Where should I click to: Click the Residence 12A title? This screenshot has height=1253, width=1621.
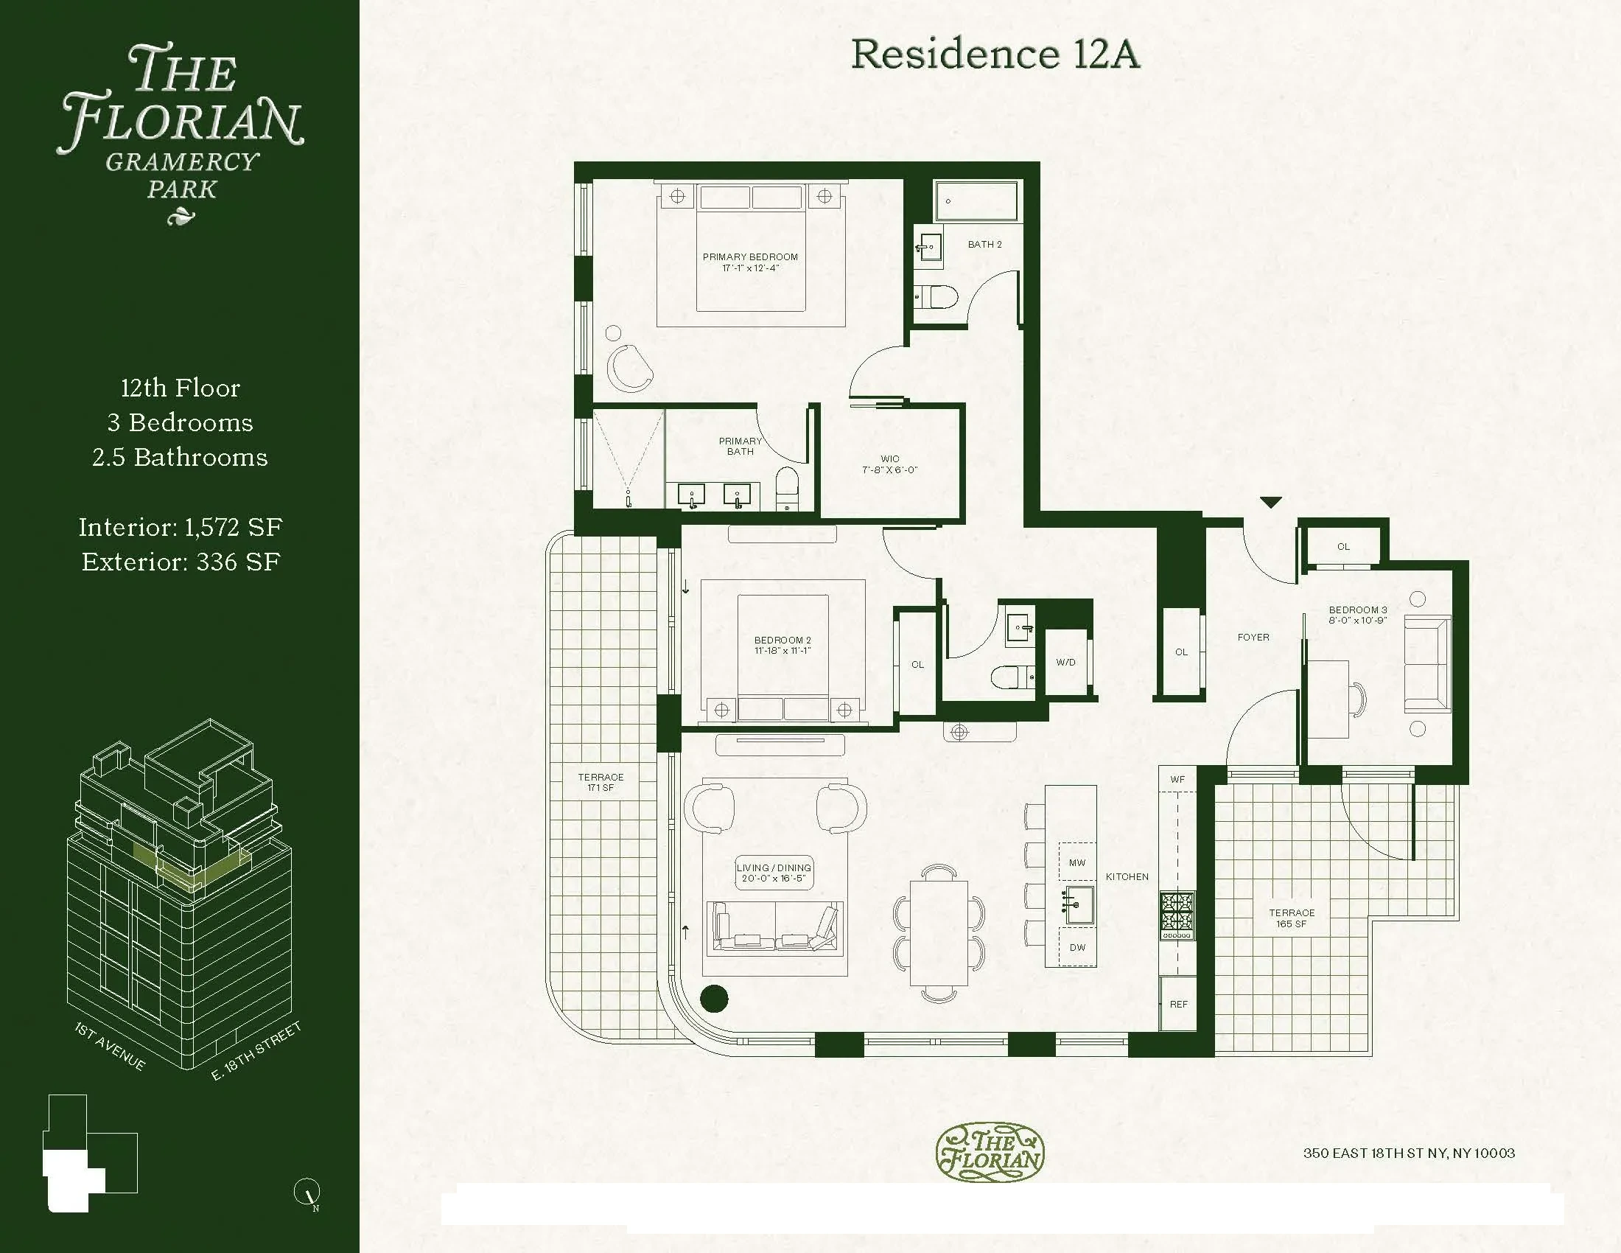(995, 55)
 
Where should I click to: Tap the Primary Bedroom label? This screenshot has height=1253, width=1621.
(750, 262)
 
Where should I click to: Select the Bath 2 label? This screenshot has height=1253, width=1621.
(984, 244)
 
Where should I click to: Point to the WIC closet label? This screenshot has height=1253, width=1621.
(890, 464)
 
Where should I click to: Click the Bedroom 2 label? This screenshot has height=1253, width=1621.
(783, 645)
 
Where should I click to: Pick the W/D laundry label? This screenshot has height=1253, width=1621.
(1065, 662)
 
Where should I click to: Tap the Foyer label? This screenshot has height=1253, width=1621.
(1253, 637)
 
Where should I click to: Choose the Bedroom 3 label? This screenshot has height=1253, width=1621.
(1357, 615)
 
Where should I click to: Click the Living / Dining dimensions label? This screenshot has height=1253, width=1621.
(774, 873)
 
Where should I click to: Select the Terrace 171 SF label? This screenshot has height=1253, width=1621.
(601, 782)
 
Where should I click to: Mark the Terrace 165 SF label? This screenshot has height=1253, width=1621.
(1292, 918)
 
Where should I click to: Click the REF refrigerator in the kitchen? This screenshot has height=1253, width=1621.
(1178, 1004)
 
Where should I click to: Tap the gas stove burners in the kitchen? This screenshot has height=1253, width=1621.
(1177, 912)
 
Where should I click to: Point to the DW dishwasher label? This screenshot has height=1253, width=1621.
(1077, 947)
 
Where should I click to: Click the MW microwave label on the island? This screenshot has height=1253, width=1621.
(1077, 862)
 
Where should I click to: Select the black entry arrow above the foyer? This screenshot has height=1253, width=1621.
(1271, 503)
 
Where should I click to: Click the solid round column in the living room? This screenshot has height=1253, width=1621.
(714, 999)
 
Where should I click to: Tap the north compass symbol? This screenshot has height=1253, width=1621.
(307, 1191)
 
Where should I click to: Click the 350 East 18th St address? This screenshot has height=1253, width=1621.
(1409, 1153)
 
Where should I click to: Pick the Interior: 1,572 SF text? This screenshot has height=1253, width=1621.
(181, 527)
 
